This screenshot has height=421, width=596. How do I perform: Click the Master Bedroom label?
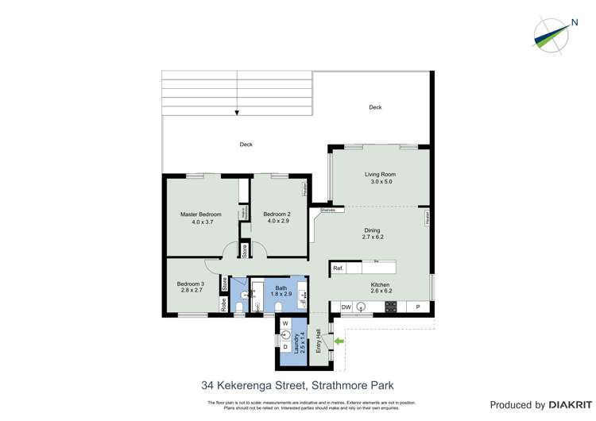pos(200,214)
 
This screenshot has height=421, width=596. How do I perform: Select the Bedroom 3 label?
pos(191,284)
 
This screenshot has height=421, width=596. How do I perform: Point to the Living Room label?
pos(380,175)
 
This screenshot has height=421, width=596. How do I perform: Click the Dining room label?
pos(371,231)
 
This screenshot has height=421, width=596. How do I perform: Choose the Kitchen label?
pos(380,285)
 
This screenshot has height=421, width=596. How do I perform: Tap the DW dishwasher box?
pos(346,307)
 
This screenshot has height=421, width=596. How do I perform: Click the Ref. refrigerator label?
pos(338,268)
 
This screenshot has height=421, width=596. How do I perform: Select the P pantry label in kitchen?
pos(418,307)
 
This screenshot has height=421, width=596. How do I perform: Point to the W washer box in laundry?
pos(285,323)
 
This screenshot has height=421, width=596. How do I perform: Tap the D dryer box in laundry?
pos(285,346)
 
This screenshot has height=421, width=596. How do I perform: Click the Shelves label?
pos(327,210)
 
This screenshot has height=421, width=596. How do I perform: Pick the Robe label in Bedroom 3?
pos(225,303)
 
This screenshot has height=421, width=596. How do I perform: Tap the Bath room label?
pos(281,288)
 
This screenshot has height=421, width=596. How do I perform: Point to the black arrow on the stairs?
pos(237,113)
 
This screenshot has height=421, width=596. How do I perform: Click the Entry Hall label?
pos(318,341)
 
